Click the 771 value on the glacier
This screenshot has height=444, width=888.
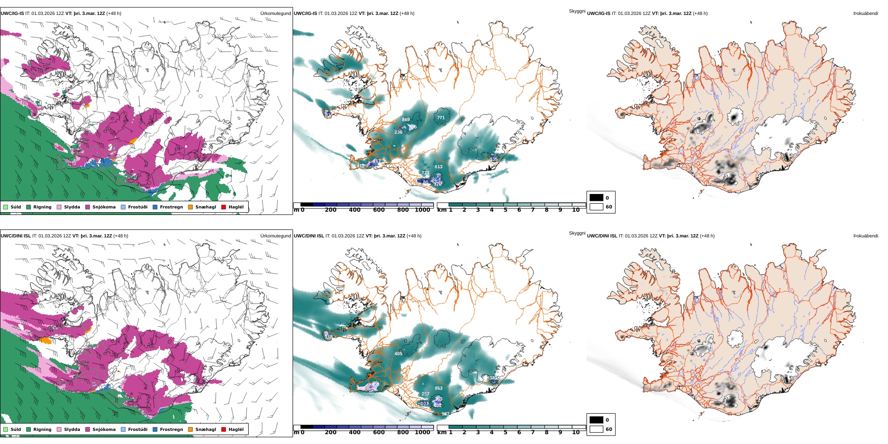[x=441, y=118]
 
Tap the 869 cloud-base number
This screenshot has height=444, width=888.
[x=406, y=120]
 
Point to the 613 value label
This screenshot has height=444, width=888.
[x=438, y=167]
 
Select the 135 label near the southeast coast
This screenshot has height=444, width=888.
[x=494, y=159]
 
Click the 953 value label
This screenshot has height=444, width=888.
[x=438, y=388]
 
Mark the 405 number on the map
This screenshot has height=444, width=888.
[x=398, y=354]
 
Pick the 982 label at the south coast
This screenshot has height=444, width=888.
[x=445, y=414]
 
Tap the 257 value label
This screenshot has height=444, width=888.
[x=425, y=394]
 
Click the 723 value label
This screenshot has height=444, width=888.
[x=425, y=173]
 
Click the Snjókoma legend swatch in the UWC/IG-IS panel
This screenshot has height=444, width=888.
[x=88, y=207]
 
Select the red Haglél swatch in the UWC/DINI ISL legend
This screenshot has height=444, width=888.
[x=223, y=430]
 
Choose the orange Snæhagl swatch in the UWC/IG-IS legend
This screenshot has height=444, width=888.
[x=190, y=207]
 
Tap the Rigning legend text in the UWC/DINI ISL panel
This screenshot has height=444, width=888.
[x=42, y=430]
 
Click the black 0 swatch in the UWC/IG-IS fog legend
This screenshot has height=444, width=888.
[x=596, y=198]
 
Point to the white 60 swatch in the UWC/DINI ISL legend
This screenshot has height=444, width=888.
[x=596, y=429]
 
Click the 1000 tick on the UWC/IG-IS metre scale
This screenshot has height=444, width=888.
[x=423, y=210]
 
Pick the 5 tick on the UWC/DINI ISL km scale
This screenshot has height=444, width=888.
[x=505, y=433]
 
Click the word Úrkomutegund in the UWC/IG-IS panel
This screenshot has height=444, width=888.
[x=275, y=14]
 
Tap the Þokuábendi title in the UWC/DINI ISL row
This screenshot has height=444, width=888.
[x=866, y=236]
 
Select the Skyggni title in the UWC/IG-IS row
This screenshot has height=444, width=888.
[x=577, y=11]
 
